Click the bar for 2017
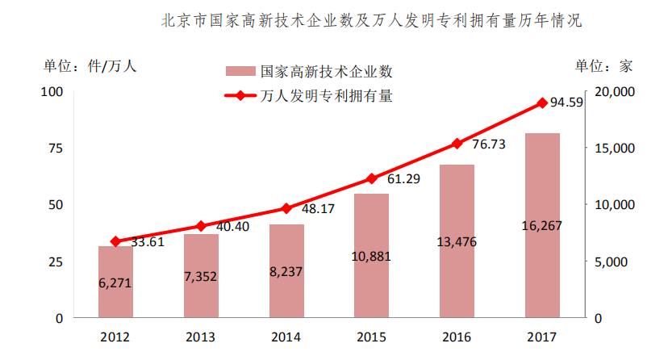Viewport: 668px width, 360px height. pos(542,225)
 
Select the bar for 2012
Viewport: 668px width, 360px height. pos(115,282)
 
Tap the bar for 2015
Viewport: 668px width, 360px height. pos(371,256)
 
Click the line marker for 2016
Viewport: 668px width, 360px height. pos(457,144)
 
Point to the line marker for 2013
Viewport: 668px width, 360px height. pos(201,226)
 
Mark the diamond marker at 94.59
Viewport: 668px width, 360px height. pos(542,103)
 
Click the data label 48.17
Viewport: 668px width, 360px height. pos(318,209)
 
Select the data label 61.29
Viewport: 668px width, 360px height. pos(403,179)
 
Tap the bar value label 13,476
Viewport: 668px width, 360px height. pos(457,242)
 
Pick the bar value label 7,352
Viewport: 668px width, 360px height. pos(201,277)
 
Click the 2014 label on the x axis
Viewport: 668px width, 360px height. pos(286,337)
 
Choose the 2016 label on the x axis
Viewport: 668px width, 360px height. pos(457,337)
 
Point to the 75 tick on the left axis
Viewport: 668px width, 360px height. pos(56,149)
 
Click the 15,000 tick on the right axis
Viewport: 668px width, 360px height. pos(615,149)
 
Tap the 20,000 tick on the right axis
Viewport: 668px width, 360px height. pos(615,91)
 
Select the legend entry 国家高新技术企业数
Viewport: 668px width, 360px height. pos(309,71)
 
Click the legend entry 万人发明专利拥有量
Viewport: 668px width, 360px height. pos(309,95)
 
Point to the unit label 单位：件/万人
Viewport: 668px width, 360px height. pos(90,66)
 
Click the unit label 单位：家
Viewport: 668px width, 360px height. pos(604,66)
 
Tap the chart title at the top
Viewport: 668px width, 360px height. pos(371,20)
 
